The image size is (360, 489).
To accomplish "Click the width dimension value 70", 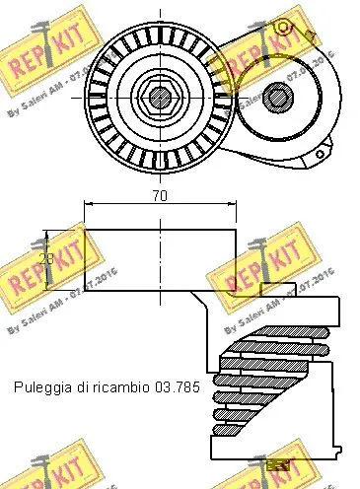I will [160, 196].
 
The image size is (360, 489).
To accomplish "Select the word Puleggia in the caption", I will [42, 389].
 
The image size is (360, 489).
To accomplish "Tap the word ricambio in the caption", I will [123, 389].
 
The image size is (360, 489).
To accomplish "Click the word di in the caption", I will [83, 389].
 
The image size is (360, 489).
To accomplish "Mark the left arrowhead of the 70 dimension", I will [90, 204].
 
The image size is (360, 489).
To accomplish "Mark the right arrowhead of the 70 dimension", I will [231, 204].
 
